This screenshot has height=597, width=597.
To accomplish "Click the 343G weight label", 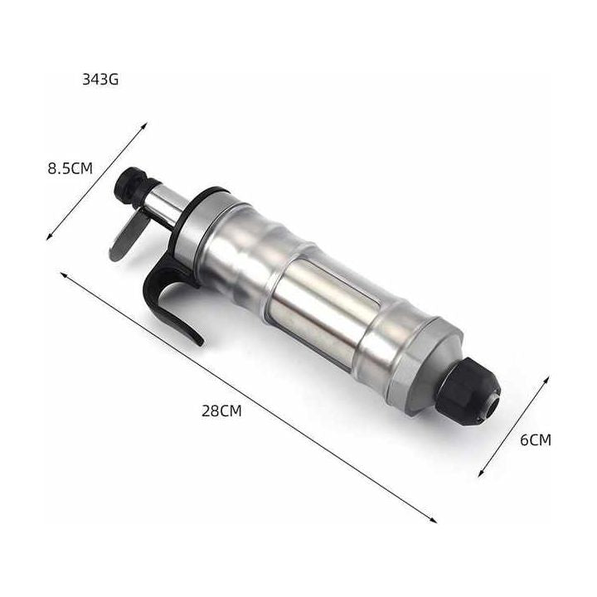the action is click(100, 80).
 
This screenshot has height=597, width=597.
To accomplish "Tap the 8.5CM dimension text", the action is click(70, 168).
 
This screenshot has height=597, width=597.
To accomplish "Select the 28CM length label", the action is click(221, 411).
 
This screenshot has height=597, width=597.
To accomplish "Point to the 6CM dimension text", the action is click(536, 440).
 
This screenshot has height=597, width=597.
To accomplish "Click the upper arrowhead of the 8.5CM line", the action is click(144, 124).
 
